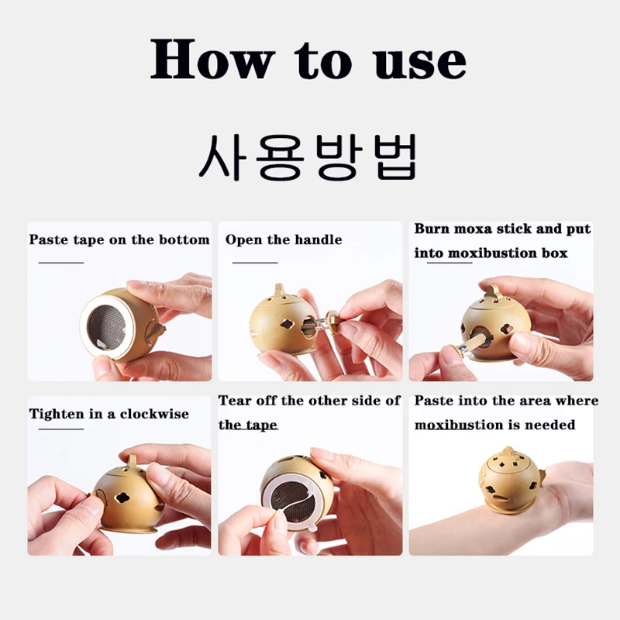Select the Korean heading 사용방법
tap(308, 157)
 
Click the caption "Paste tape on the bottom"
tap(119, 239)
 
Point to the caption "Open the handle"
tap(284, 239)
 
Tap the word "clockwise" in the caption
tap(154, 414)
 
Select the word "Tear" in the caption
tap(235, 401)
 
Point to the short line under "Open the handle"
tap(255, 263)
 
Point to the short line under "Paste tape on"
tap(61, 263)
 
